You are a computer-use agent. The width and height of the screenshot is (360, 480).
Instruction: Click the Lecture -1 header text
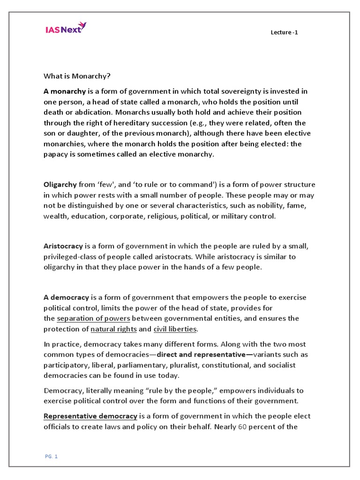(284, 32)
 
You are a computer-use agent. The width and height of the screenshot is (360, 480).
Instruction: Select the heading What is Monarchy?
(77, 76)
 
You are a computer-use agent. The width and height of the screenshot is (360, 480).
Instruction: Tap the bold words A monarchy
(65, 91)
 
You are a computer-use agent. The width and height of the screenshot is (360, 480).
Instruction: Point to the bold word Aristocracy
(63, 246)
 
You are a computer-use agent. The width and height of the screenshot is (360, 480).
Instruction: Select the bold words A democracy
(66, 298)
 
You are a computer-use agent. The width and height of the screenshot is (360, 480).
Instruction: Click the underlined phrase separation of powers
(93, 319)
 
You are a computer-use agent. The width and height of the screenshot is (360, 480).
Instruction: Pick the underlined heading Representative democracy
(90, 416)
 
